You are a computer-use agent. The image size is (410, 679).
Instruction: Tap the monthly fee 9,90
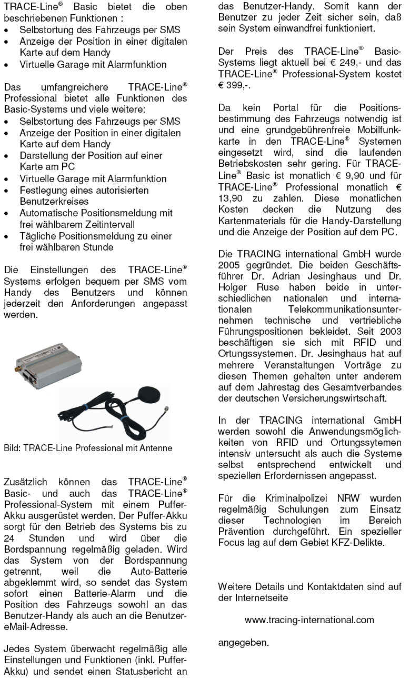339,176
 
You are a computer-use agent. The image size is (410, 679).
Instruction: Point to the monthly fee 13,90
232,198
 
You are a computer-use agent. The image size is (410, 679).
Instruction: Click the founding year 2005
229,264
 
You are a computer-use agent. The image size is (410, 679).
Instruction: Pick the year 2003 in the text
389,332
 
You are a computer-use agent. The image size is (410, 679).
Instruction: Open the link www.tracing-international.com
309,620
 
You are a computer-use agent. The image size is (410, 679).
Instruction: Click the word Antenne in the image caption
156,448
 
